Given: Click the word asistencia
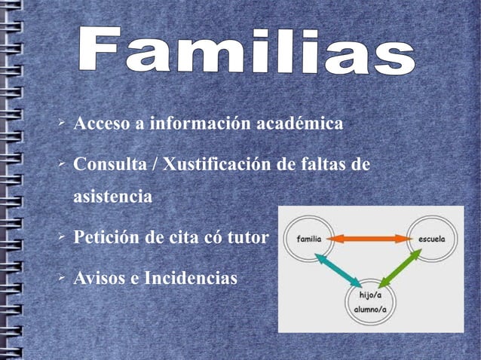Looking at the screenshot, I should pos(112,198).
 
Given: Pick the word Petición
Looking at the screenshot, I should pos(104,239).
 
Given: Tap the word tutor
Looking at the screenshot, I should pos(248,239).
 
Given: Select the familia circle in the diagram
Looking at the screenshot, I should pos(311,239).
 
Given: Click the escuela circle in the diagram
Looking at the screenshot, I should pos(432,239).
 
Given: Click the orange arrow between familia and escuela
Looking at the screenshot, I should pos(369,239).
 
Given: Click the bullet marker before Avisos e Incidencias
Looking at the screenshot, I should pos(63,278).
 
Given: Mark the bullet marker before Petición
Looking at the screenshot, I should pos(63,237).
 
